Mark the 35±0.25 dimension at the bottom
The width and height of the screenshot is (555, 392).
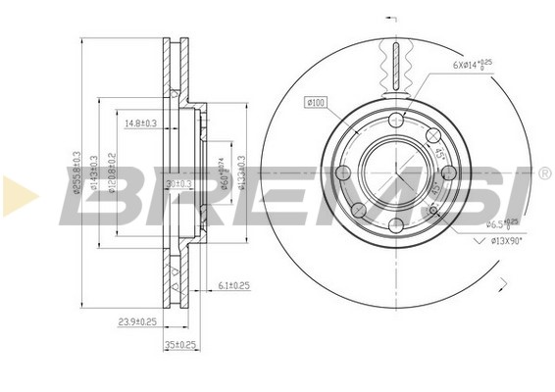181,344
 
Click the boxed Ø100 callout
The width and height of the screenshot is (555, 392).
317,101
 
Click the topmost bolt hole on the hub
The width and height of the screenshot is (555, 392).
396,120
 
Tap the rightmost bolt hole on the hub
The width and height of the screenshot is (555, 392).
447,172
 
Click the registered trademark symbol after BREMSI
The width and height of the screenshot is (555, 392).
542,173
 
